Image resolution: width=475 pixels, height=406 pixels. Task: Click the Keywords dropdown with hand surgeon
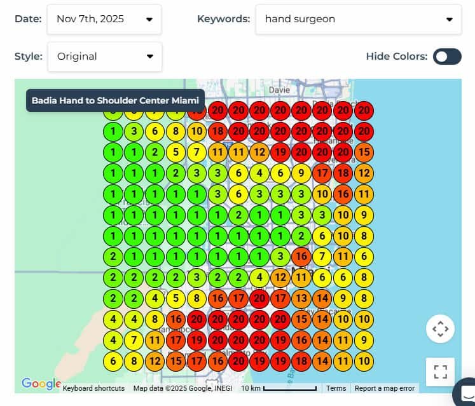[358, 19]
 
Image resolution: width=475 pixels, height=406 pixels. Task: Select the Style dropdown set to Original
[105, 57]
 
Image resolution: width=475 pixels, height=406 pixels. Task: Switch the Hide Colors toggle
[447, 57]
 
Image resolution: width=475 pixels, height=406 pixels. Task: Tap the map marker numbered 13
[301, 297]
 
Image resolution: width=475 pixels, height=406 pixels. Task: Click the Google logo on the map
[39, 383]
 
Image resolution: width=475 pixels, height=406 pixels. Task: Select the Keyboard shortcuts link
[93, 388]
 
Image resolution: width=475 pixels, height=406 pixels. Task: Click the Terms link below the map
[336, 388]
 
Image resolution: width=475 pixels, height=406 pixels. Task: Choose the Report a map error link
[385, 388]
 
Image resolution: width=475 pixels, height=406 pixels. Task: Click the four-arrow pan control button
[440, 329]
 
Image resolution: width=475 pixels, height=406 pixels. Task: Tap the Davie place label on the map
[279, 90]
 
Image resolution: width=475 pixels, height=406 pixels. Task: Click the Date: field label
[28, 19]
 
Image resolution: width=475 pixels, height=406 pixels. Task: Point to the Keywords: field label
[223, 19]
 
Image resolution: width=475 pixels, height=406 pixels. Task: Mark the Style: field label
[28, 57]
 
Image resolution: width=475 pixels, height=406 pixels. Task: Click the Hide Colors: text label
[396, 57]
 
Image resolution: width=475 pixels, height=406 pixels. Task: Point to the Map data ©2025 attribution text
[182, 388]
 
